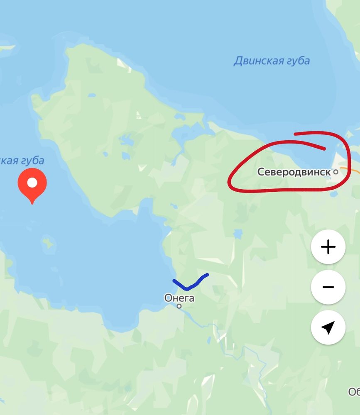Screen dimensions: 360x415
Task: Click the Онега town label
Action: tap(179, 298)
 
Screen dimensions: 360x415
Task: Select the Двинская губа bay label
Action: tap(272, 61)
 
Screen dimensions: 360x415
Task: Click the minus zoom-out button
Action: tap(328, 287)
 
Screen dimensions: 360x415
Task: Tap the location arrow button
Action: tap(328, 327)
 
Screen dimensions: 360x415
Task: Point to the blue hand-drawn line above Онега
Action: tap(189, 285)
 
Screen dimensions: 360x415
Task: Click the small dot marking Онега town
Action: tap(179, 306)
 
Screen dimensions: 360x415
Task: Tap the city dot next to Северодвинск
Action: tap(336, 171)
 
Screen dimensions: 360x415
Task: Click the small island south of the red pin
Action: tap(49, 242)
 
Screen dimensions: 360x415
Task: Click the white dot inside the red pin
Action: tap(32, 183)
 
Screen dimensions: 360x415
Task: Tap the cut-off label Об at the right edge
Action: tap(354, 392)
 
